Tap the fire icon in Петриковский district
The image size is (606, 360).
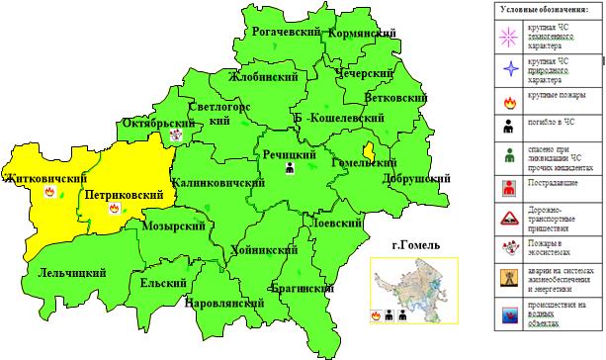114,211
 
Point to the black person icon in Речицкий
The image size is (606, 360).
291,169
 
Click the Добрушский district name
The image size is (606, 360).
420,178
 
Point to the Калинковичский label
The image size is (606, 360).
215,183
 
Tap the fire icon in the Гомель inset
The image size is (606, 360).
377,314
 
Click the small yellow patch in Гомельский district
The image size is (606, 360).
367,150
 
